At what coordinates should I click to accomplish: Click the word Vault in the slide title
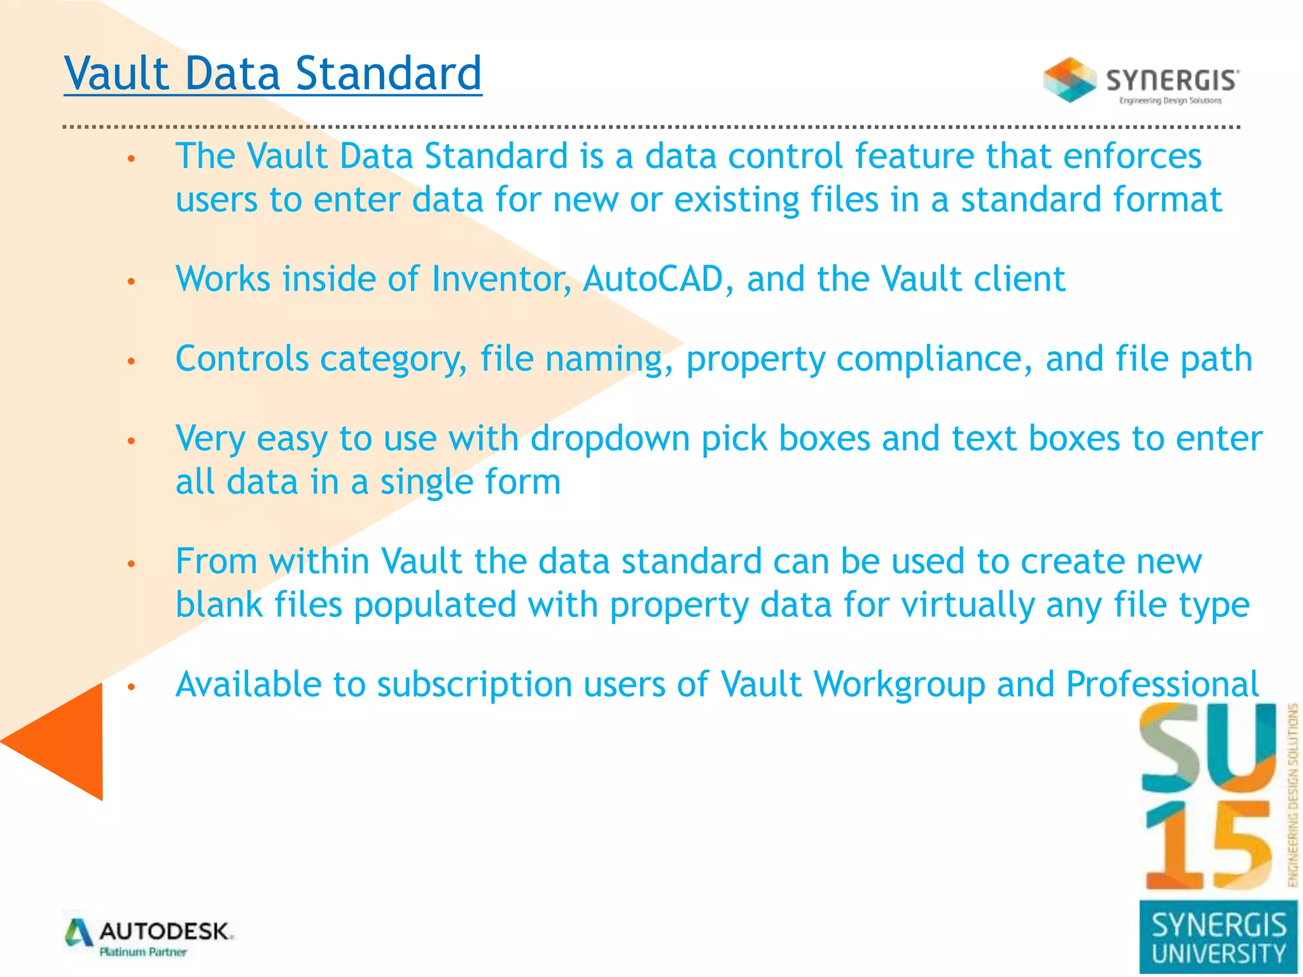pyautogui.click(x=116, y=73)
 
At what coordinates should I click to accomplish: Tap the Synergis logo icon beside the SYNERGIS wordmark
pyautogui.click(x=1070, y=80)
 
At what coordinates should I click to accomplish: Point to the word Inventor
pyautogui.click(x=501, y=279)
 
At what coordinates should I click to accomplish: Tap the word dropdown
pyautogui.click(x=610, y=439)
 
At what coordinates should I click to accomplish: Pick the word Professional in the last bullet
pyautogui.click(x=1162, y=684)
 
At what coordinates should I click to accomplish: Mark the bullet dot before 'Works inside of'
pyautogui.click(x=132, y=281)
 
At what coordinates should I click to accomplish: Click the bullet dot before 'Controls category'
pyautogui.click(x=132, y=361)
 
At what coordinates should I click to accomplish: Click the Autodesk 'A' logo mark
pyautogui.click(x=79, y=933)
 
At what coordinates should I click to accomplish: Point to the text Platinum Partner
pyautogui.click(x=143, y=952)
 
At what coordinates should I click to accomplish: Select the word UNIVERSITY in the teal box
pyautogui.click(x=1218, y=953)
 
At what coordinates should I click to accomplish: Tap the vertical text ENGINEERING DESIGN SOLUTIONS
pyautogui.click(x=1292, y=795)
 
